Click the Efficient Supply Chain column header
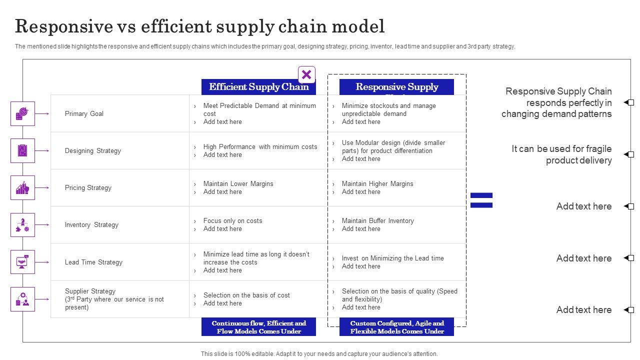pos(258,87)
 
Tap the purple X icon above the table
pos(306,75)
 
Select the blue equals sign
pos(481,200)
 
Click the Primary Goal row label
pos(84,113)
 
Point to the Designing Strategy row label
pos(93,150)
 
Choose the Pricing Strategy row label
pos(88,187)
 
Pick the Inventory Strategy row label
pos(91,224)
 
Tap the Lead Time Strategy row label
pos(93,262)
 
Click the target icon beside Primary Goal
pos(22,113)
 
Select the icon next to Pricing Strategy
pos(22,187)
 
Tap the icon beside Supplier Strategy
pos(22,299)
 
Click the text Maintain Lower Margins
pos(238,183)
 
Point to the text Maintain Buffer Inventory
pos(377,220)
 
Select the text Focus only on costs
pos(232,220)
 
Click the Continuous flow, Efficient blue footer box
pos(258,327)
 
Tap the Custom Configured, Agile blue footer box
pos(397,327)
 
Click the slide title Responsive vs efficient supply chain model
pos(200,26)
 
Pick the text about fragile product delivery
pos(561,154)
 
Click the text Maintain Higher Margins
pos(377,183)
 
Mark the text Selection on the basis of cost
pos(246,295)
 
